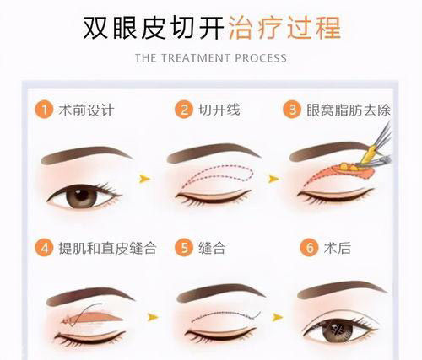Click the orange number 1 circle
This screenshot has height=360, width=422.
click(x=45, y=110)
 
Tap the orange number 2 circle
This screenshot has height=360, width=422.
click(x=183, y=110)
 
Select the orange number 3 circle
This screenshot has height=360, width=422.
click(x=291, y=110)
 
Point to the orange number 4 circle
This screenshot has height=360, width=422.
click(x=45, y=249)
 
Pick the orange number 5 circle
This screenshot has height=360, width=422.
click(x=183, y=249)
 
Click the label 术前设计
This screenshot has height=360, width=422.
click(x=87, y=110)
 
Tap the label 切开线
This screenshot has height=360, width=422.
click(x=219, y=110)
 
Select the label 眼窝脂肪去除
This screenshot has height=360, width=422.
click(x=349, y=110)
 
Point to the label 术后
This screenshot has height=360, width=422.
click(x=338, y=249)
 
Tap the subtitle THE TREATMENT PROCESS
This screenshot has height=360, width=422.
click(x=211, y=58)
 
